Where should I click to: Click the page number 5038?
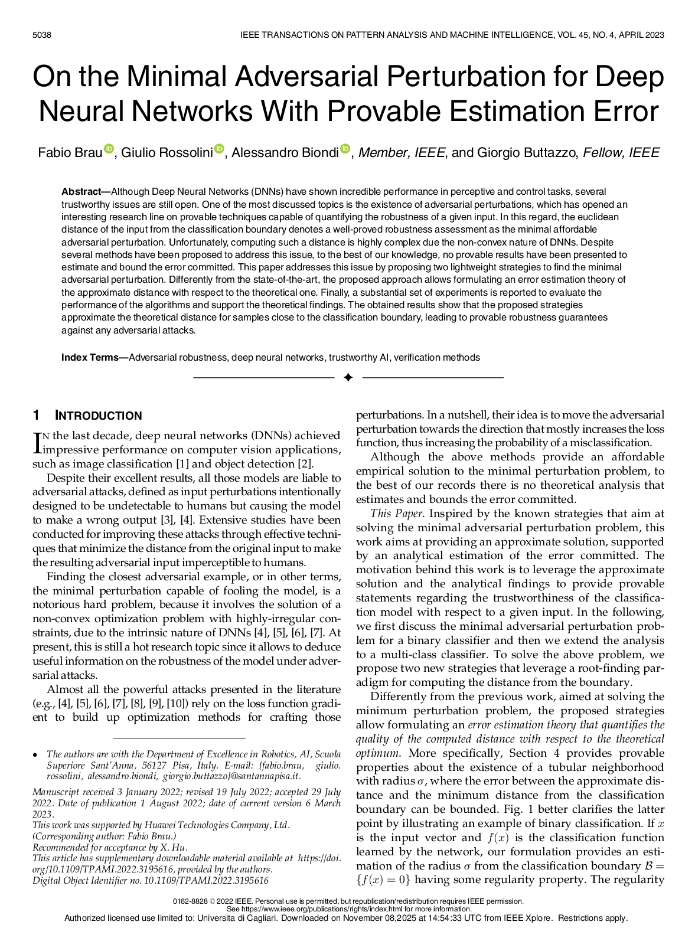pos(42,35)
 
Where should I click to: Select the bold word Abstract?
pos(81,192)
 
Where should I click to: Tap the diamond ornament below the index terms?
pos(348,378)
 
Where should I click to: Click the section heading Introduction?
pos(99,416)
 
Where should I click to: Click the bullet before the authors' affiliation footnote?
pos(35,755)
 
